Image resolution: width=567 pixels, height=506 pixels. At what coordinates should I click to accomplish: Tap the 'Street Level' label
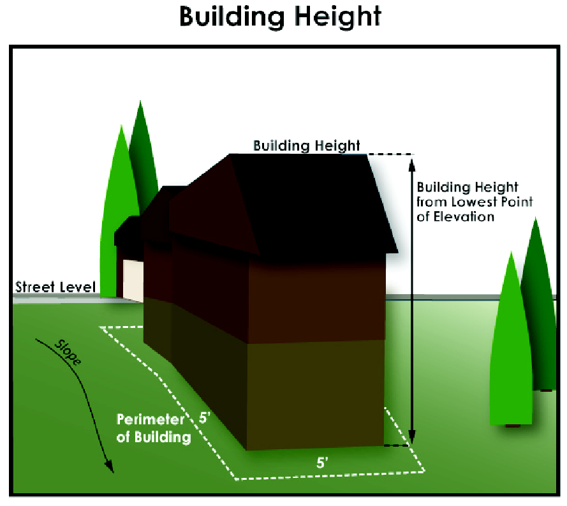point(55,287)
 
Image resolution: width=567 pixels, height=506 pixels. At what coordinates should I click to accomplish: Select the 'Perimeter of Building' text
point(153,428)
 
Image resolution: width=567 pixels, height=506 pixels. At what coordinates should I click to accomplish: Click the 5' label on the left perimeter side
point(205,419)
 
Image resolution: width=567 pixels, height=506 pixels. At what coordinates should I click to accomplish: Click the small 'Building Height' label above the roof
point(306,145)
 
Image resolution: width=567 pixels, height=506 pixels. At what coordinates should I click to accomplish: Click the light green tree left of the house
point(115,211)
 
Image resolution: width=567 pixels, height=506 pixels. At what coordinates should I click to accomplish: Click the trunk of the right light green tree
point(512,425)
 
